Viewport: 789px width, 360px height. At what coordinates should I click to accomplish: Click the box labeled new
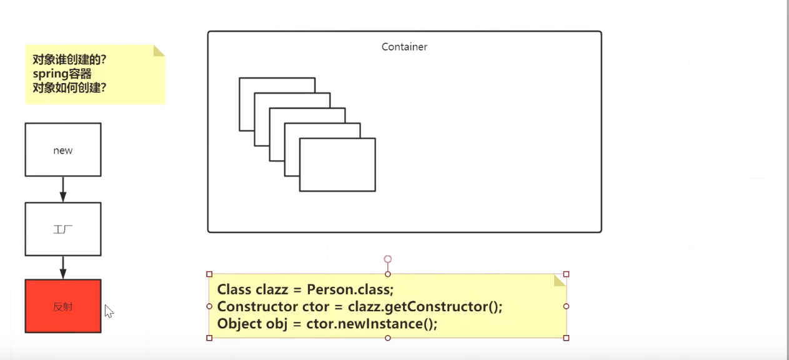pos(63,150)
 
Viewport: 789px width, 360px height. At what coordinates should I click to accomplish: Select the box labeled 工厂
pos(63,229)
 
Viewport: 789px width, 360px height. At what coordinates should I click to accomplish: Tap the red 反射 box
pos(63,306)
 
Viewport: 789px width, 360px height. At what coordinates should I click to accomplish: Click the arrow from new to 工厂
pos(63,189)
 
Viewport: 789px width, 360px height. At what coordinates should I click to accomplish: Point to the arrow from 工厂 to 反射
pos(63,267)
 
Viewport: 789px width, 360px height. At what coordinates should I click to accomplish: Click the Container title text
pos(404,47)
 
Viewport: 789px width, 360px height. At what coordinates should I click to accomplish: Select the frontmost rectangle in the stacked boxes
pos(337,165)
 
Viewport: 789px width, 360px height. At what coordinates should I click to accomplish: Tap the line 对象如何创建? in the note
pos(69,87)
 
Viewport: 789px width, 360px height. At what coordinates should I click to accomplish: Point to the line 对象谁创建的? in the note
pos(69,59)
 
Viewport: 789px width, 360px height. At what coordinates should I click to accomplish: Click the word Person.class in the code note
pos(350,289)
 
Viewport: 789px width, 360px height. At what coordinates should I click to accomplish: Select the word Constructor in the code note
pos(257,306)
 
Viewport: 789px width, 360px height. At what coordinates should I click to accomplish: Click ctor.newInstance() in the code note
pos(372,324)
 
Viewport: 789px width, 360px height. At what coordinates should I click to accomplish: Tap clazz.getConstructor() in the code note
pos(425,307)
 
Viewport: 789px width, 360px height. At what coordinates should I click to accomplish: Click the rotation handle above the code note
pos(388,259)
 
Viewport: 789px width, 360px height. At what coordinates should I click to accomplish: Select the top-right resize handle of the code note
pos(566,274)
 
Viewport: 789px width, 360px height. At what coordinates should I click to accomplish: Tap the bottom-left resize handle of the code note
pos(209,337)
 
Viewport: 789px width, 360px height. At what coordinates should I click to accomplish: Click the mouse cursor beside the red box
pos(109,311)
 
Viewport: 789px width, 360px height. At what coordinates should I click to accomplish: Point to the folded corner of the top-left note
pos(159,51)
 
